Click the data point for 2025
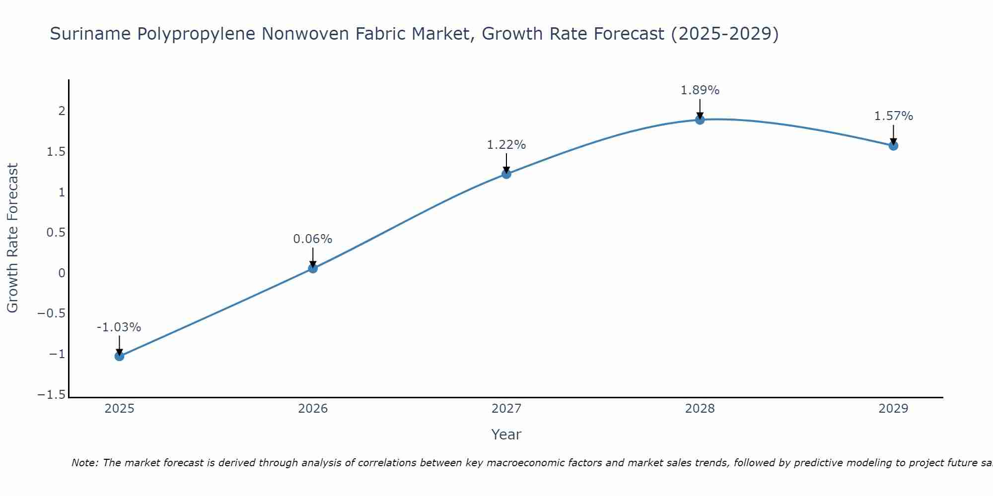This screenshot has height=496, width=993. tap(119, 356)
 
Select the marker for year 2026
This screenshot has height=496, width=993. tap(313, 268)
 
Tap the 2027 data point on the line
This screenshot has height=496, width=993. tap(506, 174)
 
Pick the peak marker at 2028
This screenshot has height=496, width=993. tap(700, 120)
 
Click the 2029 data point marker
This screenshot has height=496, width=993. tap(893, 145)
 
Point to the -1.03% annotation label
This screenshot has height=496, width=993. tap(119, 327)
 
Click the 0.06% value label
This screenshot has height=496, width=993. tap(312, 239)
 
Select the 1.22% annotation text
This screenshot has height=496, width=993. tap(506, 145)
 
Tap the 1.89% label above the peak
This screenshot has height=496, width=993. tap(700, 90)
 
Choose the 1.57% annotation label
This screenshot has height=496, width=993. tap(893, 116)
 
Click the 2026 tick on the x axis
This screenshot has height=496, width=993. tap(313, 409)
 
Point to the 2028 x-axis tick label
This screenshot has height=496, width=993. tap(700, 409)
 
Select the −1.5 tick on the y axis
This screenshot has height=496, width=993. tap(51, 395)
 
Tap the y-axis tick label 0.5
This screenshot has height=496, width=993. tap(56, 233)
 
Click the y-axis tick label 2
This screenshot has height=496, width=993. tap(62, 111)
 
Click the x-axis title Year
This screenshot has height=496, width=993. tap(506, 435)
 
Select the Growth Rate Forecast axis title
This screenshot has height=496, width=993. tap(12, 238)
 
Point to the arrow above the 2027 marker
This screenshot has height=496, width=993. tap(506, 163)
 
